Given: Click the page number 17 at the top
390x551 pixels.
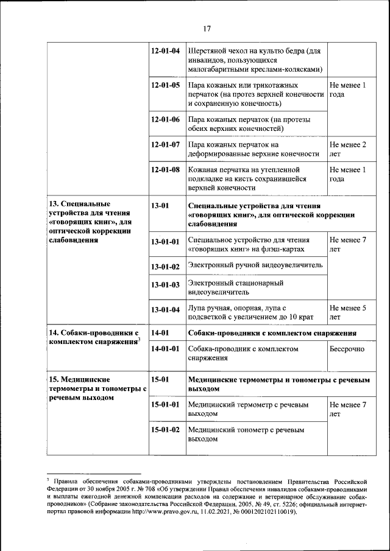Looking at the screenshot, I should click(207, 29).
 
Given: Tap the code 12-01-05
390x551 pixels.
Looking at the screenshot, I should click(165, 85).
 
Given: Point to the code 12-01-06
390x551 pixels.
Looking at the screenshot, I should click(165, 119).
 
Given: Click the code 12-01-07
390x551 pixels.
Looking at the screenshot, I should click(165, 145).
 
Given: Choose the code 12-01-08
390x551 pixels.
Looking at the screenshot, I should click(165, 170).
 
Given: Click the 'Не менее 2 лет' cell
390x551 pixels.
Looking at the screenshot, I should click(347, 149).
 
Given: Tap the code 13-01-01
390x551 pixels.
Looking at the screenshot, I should click(165, 242).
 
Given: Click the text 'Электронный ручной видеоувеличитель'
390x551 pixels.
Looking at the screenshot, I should click(255, 265).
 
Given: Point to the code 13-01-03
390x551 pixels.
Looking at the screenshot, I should click(165, 285).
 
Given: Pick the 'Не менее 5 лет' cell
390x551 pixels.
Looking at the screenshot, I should click(347, 312).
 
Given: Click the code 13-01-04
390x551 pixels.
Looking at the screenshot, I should click(165, 310).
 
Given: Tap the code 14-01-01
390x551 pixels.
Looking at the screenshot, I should click(165, 349).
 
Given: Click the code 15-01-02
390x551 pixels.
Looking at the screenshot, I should click(165, 430).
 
